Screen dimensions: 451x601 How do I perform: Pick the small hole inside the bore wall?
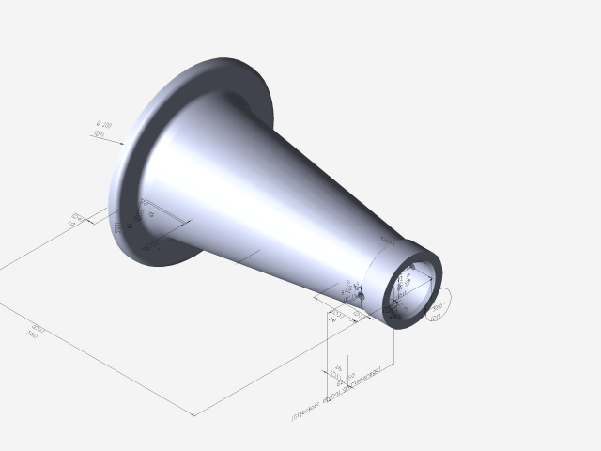[x=408, y=274]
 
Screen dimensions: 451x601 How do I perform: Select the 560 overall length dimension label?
[x=33, y=330]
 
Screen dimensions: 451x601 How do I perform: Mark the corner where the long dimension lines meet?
[x=193, y=414]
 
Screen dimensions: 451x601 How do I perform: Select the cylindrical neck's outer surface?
[x=380, y=272]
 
